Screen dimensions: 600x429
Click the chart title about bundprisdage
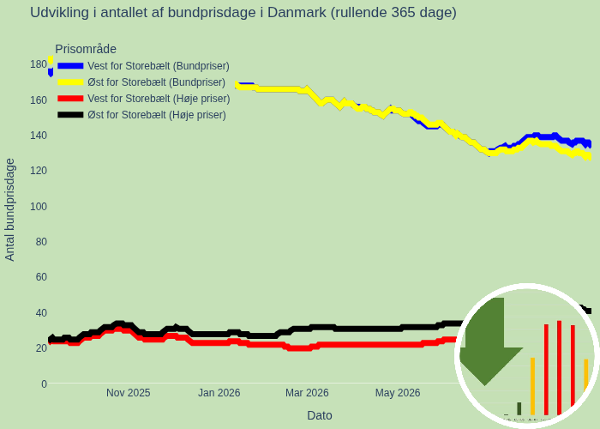[x=243, y=13]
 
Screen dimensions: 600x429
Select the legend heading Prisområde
[x=86, y=49]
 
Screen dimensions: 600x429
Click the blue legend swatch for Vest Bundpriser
[x=70, y=66]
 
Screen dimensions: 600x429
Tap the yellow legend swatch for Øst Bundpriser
[x=70, y=82]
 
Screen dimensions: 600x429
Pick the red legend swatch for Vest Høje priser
[x=70, y=99]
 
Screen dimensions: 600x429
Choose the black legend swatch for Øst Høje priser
[x=70, y=115]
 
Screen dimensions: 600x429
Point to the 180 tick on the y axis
[x=39, y=64]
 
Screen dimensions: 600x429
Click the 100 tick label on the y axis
[x=39, y=207]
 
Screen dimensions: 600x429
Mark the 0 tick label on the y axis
[x=44, y=384]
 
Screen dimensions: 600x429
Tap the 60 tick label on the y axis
[x=41, y=277]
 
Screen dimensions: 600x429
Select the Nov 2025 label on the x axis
[x=129, y=393]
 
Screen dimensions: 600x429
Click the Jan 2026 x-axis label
[x=219, y=393]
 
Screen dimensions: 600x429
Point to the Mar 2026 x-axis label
[x=307, y=393]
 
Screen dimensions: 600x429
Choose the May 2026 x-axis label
[x=398, y=393]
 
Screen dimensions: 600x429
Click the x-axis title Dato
[x=320, y=415]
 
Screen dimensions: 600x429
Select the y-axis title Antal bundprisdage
[x=9, y=210]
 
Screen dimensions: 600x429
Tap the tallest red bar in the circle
[x=559, y=368]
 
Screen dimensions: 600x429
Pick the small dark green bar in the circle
[x=519, y=408]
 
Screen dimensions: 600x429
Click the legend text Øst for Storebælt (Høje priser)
[x=157, y=115]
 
